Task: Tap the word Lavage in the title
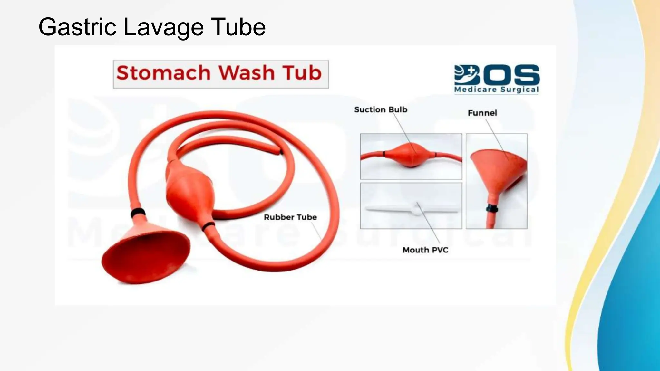[163, 27]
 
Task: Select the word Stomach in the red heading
[163, 73]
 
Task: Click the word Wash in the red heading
[247, 73]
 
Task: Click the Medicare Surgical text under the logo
[496, 90]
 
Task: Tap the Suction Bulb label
[381, 109]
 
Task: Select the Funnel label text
[482, 113]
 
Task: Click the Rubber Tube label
[290, 217]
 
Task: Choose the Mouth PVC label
[425, 250]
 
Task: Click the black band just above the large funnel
[138, 213]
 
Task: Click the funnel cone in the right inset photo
[498, 171]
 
